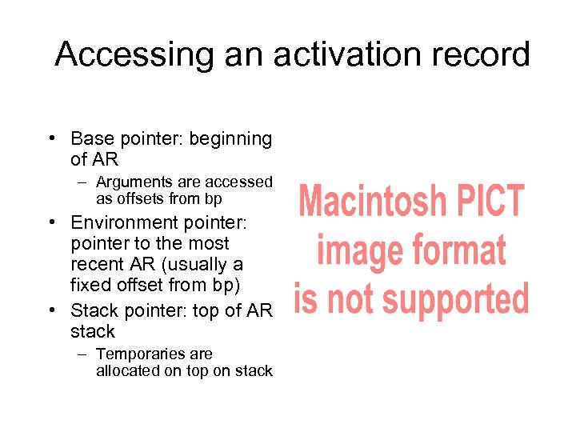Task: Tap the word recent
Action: [98, 264]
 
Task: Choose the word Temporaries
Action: [132, 354]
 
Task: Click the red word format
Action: [458, 250]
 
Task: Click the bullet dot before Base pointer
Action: [51, 140]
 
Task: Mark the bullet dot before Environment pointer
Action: [51, 223]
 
